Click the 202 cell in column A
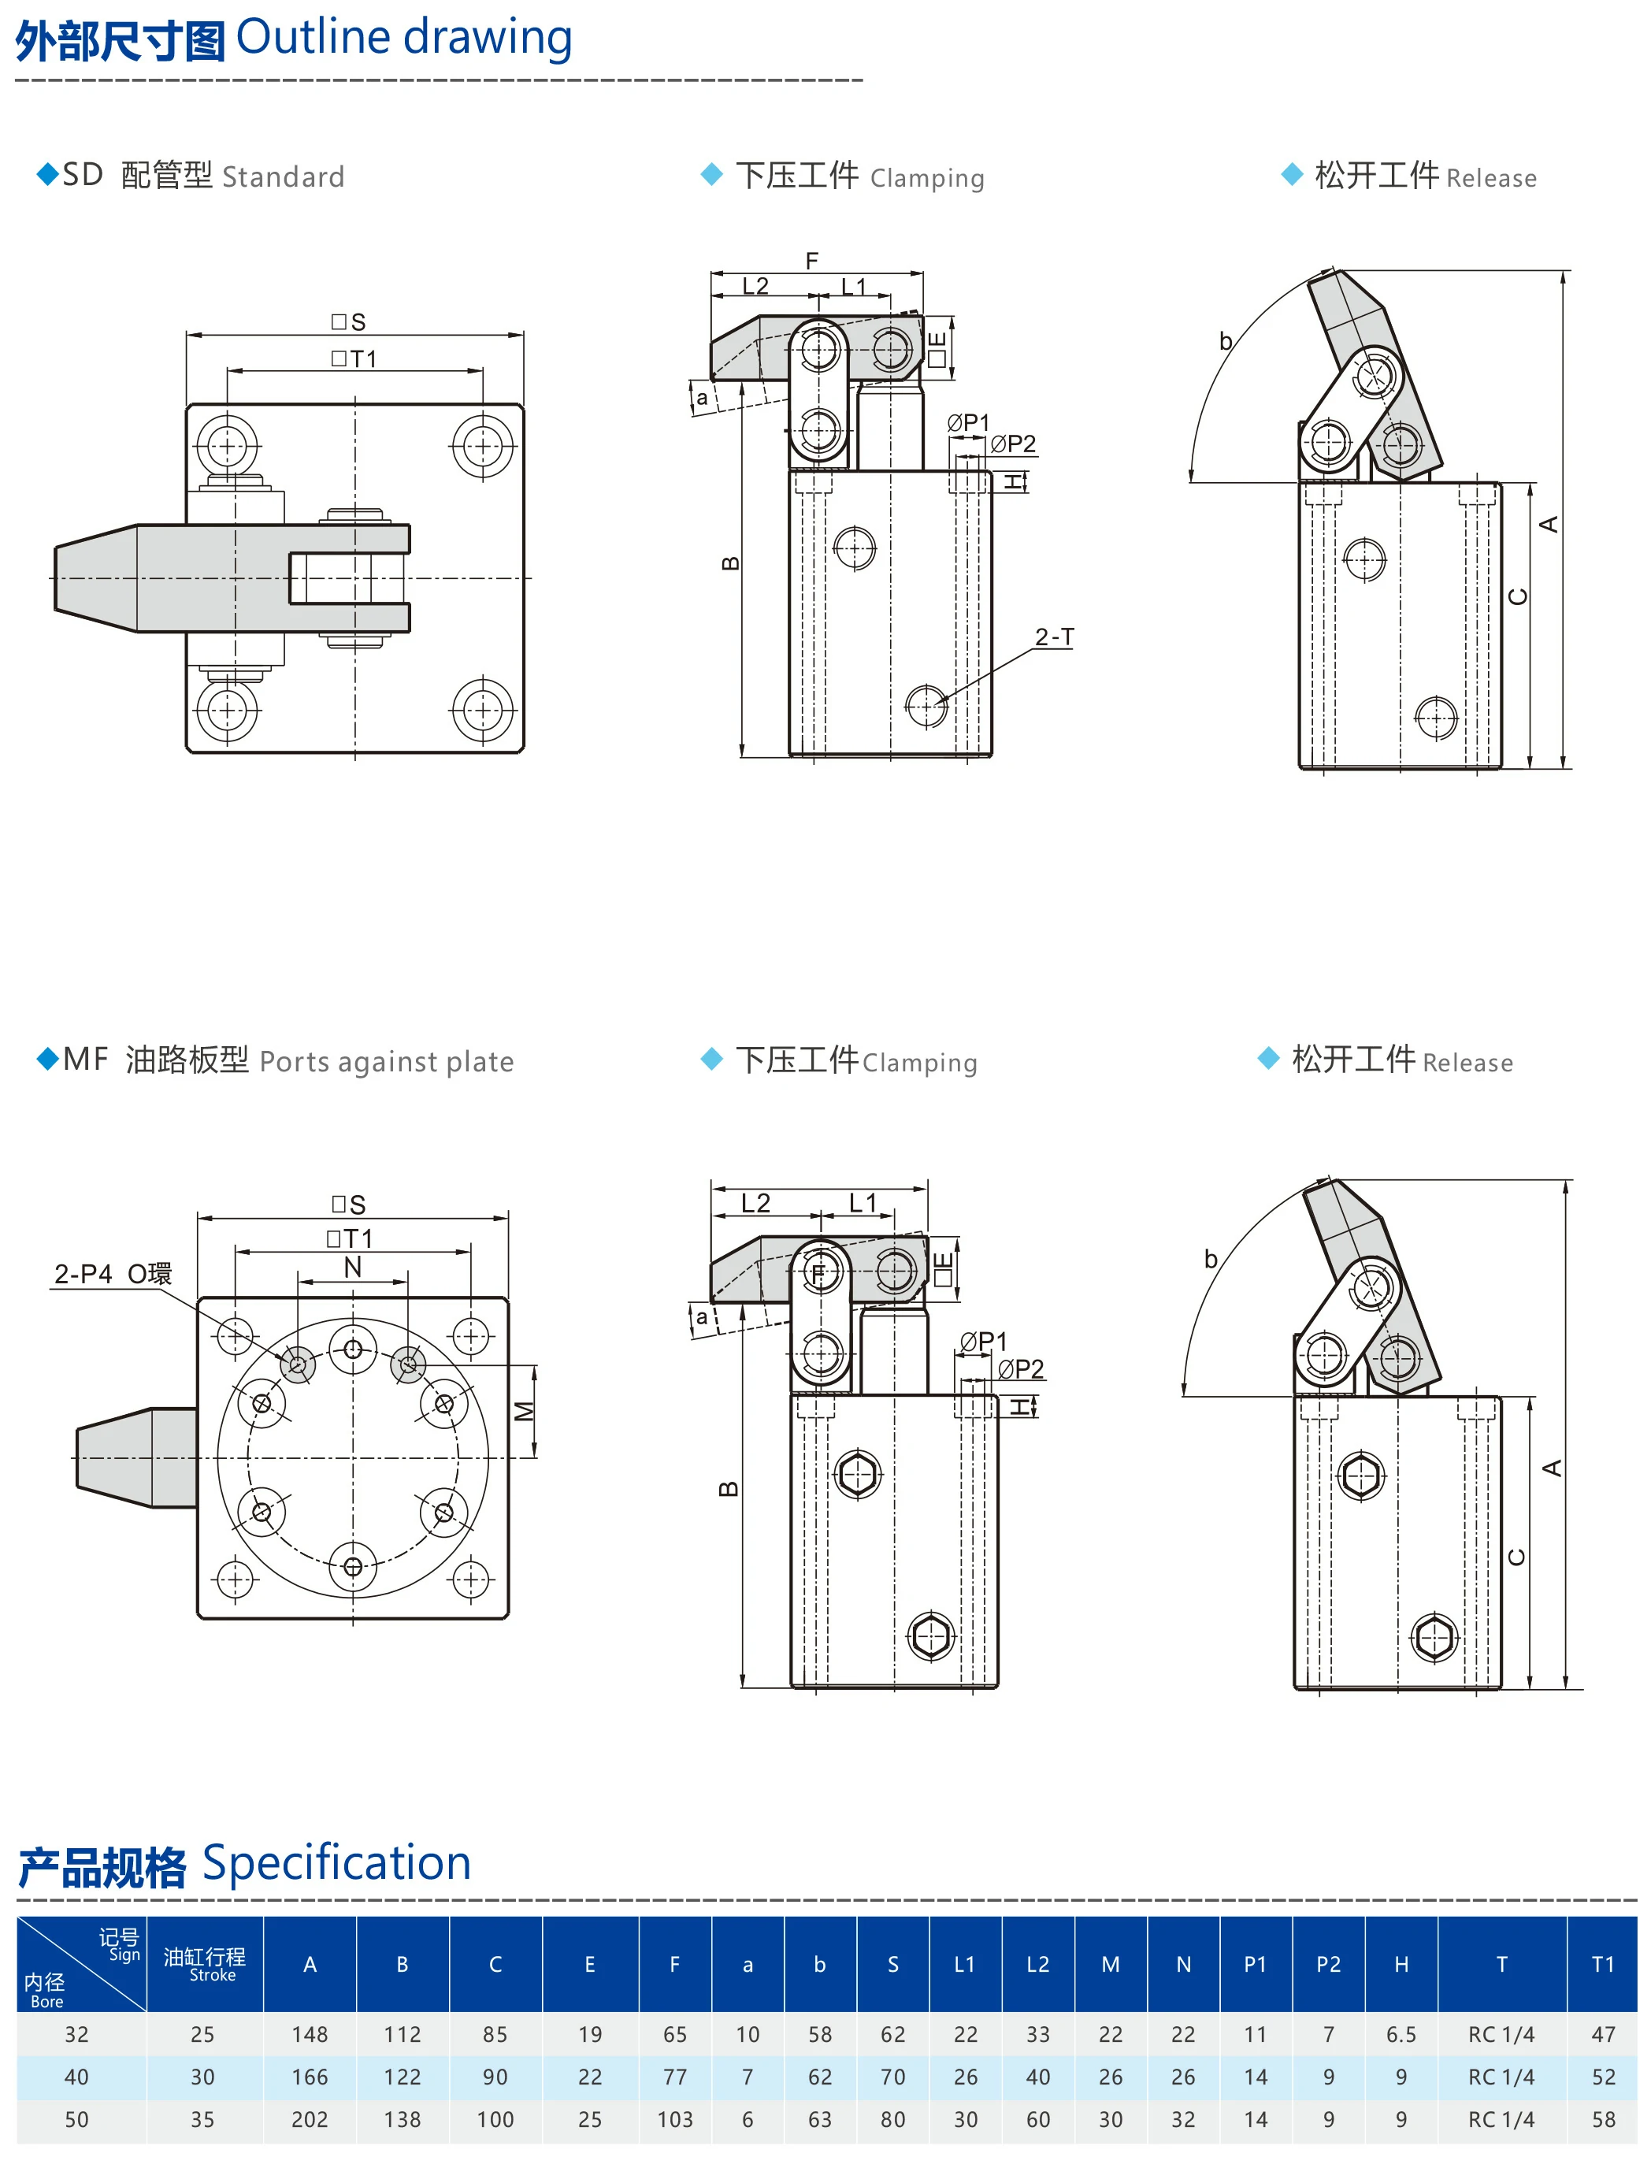pos(310,2119)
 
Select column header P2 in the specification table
pos(1328,1964)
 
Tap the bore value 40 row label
pos(76,2077)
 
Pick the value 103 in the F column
pos(674,2119)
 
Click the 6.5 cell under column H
pos(1401,2034)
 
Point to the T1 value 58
pos(1603,2119)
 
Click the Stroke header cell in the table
pos(205,1964)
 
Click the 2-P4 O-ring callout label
pos(112,1274)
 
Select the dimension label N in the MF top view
pos(352,1267)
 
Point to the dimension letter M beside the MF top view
pos(525,1410)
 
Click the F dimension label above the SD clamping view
pos(812,261)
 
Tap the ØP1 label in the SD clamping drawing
pos(968,422)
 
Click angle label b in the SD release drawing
pos(1226,341)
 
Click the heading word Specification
pos(336,1862)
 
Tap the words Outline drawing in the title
pos(403,37)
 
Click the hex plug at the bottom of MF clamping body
pos(930,1636)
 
